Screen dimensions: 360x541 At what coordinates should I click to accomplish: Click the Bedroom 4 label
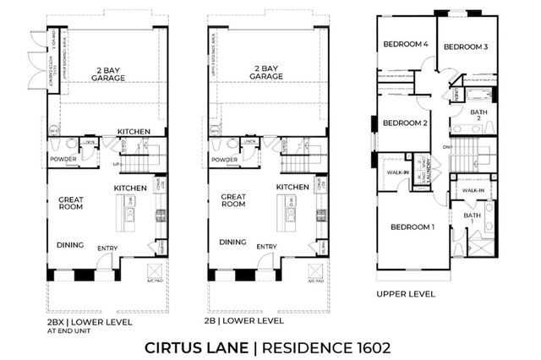coord(405,44)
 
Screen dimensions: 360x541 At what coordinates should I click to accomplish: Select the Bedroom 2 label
coord(405,123)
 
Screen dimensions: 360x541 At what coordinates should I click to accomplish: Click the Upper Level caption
coord(406,294)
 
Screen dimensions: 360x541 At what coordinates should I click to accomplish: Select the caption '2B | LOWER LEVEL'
coord(245,322)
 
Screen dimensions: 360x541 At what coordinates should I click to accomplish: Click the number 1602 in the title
coord(372,346)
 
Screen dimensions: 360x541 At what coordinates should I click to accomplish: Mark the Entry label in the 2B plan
coord(267,247)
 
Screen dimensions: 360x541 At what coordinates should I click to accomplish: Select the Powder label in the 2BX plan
coord(61,160)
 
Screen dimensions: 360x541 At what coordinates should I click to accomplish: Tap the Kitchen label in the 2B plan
coord(292,187)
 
